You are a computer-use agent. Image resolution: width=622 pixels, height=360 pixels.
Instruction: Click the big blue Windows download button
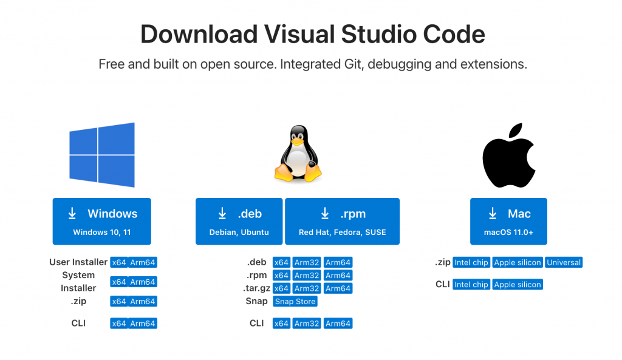click(x=101, y=221)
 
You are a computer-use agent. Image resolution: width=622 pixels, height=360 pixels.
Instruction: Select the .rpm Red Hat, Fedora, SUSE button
click(x=342, y=221)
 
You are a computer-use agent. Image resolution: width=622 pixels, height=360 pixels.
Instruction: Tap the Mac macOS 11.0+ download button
click(x=508, y=221)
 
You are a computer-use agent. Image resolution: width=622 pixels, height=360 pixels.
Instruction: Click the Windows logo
click(x=101, y=155)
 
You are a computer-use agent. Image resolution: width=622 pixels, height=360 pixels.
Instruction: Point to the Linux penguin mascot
click(x=298, y=154)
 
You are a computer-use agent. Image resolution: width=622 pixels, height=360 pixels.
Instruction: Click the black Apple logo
click(x=509, y=156)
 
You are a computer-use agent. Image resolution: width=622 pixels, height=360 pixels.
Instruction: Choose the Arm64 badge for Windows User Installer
click(x=143, y=263)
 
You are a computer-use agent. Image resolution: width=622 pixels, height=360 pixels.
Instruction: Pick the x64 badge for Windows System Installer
click(x=118, y=282)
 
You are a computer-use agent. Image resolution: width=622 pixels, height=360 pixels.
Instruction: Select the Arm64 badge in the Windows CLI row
click(x=143, y=324)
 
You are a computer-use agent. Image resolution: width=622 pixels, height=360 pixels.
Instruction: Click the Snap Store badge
click(x=295, y=301)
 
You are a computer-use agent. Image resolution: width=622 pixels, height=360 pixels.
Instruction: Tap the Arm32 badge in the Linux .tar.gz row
click(x=307, y=288)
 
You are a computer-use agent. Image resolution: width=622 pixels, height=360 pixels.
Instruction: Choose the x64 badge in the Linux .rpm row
click(x=281, y=276)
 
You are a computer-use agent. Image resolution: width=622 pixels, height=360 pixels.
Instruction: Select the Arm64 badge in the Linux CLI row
click(x=338, y=324)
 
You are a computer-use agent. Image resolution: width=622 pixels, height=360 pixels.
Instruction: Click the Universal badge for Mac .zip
click(x=564, y=263)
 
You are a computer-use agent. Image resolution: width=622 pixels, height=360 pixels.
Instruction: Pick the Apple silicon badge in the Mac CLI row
click(x=517, y=284)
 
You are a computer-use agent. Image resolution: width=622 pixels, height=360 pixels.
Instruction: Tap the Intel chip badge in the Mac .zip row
click(x=471, y=263)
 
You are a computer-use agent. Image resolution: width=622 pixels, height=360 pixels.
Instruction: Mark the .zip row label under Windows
click(x=78, y=301)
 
